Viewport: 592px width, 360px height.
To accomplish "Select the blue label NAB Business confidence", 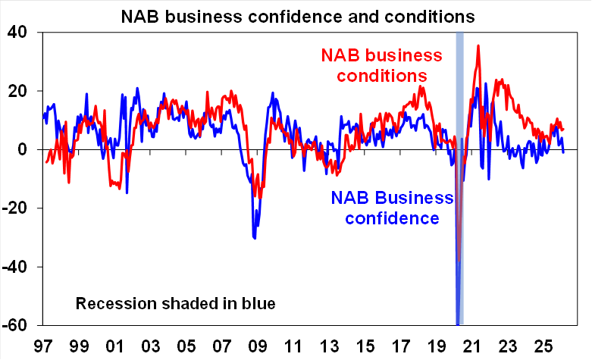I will [391, 208].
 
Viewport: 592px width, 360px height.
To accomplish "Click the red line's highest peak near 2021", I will [478, 45].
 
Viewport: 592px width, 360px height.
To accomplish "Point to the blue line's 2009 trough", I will [255, 238].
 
